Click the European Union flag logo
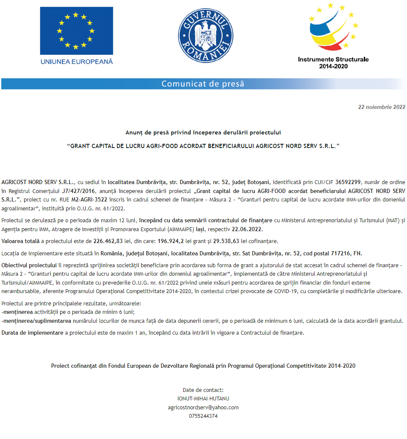click(76, 31)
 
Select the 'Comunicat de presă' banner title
click(203, 84)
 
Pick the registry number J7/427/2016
click(75, 190)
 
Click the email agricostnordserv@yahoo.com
click(203, 407)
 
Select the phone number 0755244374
click(203, 416)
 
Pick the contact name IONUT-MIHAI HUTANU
click(203, 398)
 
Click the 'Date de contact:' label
click(203, 390)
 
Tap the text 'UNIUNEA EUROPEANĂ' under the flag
click(77, 62)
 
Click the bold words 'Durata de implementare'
click(32, 333)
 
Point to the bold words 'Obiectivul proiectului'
click(29, 265)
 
